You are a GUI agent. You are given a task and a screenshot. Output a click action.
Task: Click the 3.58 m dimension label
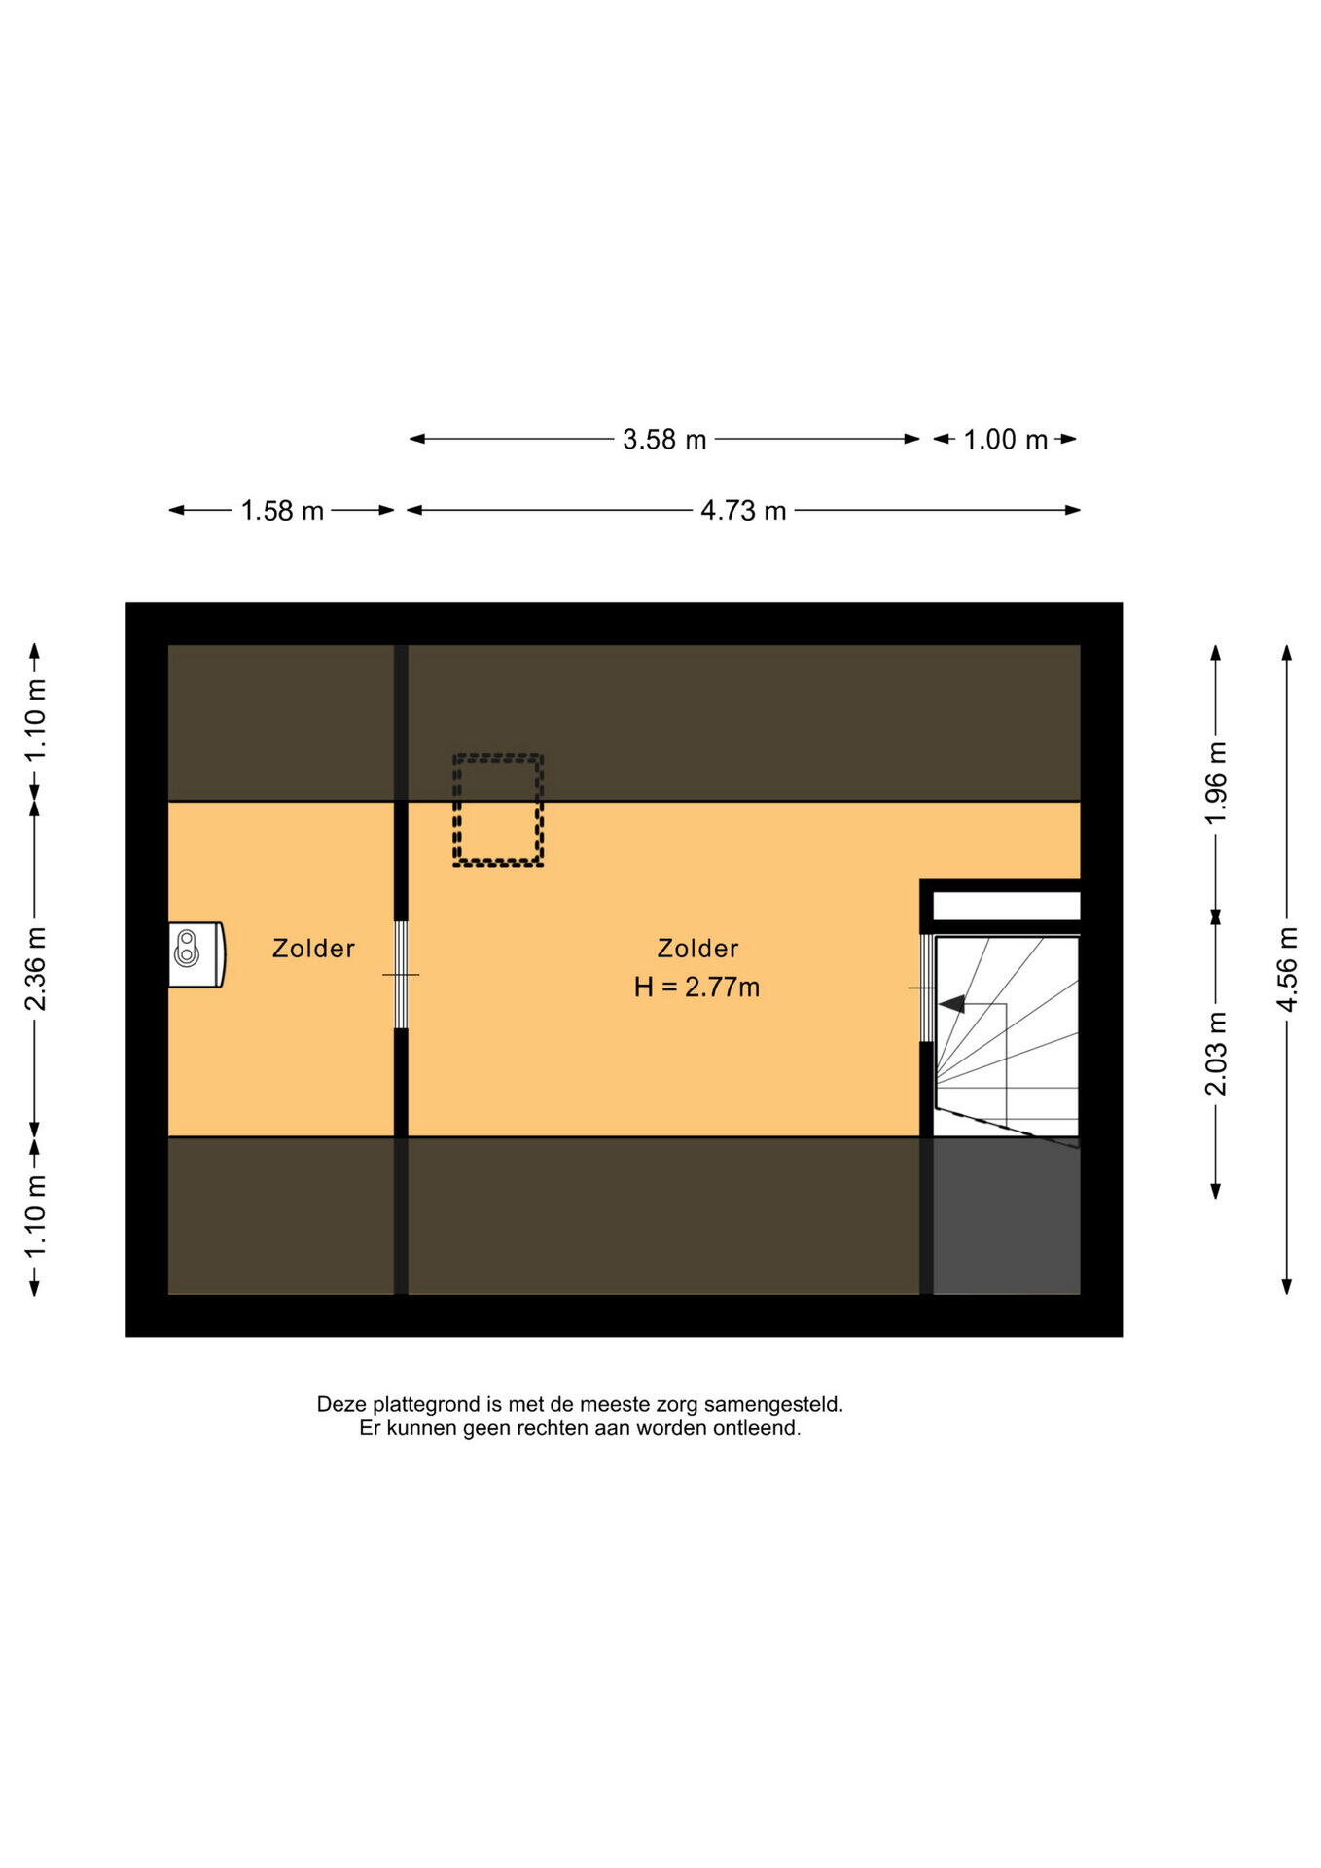[664, 440]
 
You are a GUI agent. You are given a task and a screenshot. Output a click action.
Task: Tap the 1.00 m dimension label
[1005, 440]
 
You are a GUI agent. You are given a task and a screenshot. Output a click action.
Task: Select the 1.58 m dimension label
[282, 511]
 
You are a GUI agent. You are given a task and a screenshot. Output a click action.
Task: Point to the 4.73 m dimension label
[743, 511]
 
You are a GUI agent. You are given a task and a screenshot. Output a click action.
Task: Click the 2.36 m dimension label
[36, 969]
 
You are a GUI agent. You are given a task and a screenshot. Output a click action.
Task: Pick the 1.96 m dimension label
[1217, 782]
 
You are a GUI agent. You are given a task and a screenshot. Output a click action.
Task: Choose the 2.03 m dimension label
[1217, 1054]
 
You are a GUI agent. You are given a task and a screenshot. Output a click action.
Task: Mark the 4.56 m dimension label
[1288, 969]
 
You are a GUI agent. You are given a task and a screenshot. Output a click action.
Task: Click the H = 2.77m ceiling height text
[696, 988]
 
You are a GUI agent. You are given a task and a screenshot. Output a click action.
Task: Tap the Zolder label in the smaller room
[313, 949]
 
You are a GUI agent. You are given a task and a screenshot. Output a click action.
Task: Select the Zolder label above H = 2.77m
[697, 949]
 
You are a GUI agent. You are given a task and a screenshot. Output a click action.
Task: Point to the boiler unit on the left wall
[196, 954]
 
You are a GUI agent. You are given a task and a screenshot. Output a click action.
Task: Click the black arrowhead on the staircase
[951, 1003]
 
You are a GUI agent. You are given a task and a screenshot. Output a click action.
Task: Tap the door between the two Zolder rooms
[401, 975]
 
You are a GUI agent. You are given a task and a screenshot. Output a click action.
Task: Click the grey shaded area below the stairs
[1007, 1217]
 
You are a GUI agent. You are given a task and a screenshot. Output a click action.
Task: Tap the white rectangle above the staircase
[1007, 907]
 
